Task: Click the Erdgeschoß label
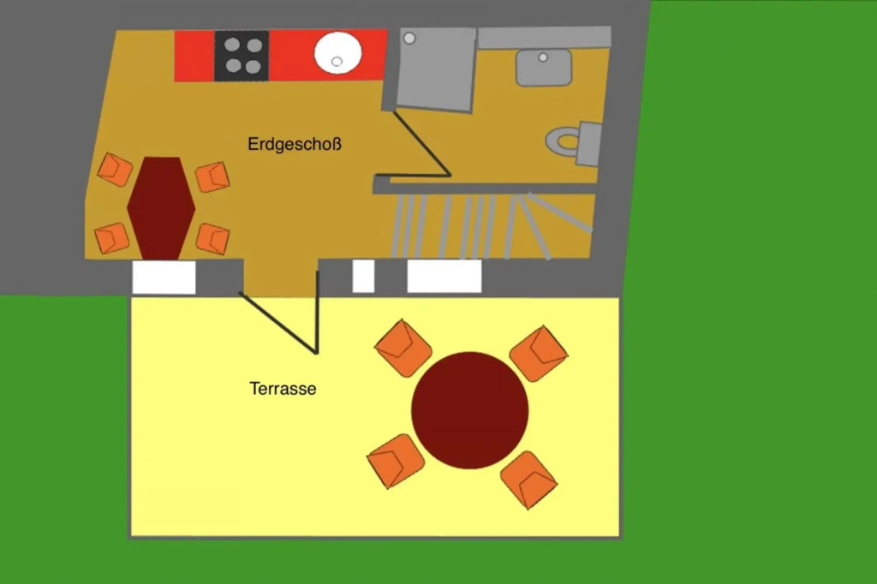[x=295, y=145]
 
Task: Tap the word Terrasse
[x=283, y=388]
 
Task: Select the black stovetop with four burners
[x=242, y=56]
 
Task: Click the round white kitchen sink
[x=337, y=52]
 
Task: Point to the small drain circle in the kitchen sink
[x=337, y=61]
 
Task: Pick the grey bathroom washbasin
[x=543, y=67]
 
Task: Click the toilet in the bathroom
[x=574, y=142]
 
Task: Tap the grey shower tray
[x=436, y=69]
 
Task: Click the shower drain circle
[x=409, y=38]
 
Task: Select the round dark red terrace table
[x=470, y=410]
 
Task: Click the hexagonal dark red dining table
[x=161, y=208]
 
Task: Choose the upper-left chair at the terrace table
[x=403, y=348]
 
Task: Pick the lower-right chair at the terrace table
[x=528, y=480]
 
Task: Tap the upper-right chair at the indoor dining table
[x=212, y=176]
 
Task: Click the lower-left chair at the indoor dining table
[x=112, y=238]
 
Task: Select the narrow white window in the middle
[x=363, y=276]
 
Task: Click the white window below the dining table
[x=164, y=277]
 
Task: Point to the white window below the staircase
[x=444, y=276]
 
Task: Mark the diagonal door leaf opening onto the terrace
[x=278, y=323]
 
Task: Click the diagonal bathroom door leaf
[x=422, y=143]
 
